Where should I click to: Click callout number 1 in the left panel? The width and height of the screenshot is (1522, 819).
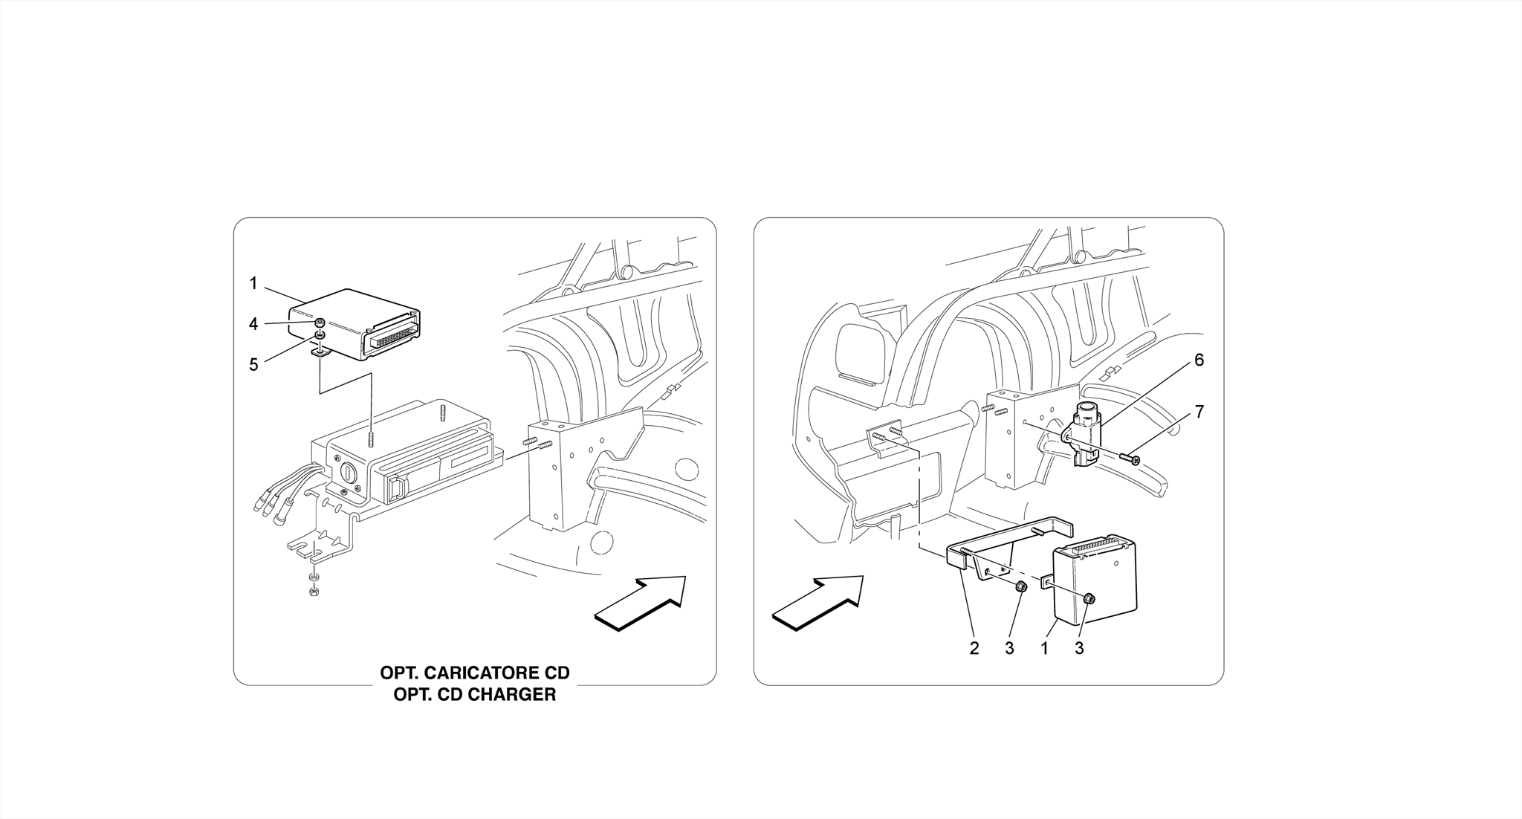pyautogui.click(x=253, y=283)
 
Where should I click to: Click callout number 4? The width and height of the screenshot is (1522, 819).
pyautogui.click(x=253, y=324)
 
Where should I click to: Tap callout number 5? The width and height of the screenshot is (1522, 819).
pyautogui.click(x=253, y=365)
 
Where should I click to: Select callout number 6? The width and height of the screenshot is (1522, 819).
pyautogui.click(x=1199, y=360)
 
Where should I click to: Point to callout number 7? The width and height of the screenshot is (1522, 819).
pyautogui.click(x=1199, y=412)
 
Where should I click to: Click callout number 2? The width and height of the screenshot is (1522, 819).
pyautogui.click(x=974, y=648)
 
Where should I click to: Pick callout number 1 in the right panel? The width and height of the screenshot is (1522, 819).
pyautogui.click(x=1044, y=648)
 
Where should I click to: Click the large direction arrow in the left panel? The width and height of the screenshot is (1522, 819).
pyautogui.click(x=641, y=603)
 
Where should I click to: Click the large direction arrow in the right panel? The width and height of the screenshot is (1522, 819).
pyautogui.click(x=818, y=603)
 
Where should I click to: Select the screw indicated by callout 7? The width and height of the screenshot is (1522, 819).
pyautogui.click(x=1130, y=460)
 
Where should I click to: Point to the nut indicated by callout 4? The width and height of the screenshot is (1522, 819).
pyautogui.click(x=319, y=323)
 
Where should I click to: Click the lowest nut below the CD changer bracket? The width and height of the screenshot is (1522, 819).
pyautogui.click(x=314, y=592)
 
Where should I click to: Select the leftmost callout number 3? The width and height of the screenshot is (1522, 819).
pyautogui.click(x=1009, y=648)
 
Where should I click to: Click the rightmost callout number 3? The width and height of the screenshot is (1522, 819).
pyautogui.click(x=1079, y=648)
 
